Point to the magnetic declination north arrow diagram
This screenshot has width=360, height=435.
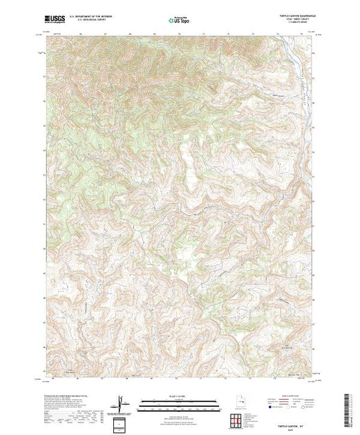point(120,403)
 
